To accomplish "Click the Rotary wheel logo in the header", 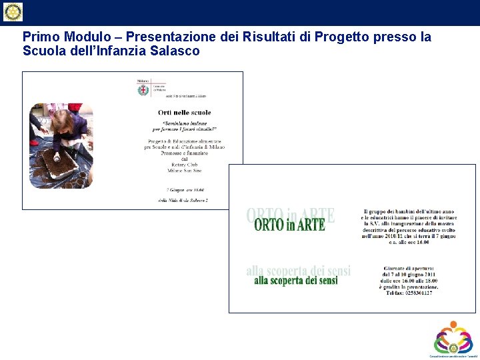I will pyautogui.click(x=13, y=12).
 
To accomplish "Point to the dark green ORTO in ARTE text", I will pyautogui.click(x=289, y=225).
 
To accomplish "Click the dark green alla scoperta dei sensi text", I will pyautogui.click(x=295, y=281).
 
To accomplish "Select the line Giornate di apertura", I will pyautogui.click(x=409, y=267).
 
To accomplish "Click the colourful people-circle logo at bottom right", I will pyautogui.click(x=453, y=337).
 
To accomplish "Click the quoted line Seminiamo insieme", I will pyautogui.click(x=184, y=123).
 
